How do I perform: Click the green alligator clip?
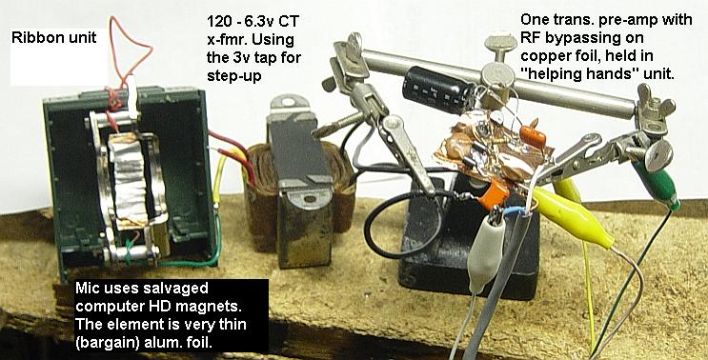(x=661, y=180)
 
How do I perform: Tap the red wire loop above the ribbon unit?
(x=124, y=48)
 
